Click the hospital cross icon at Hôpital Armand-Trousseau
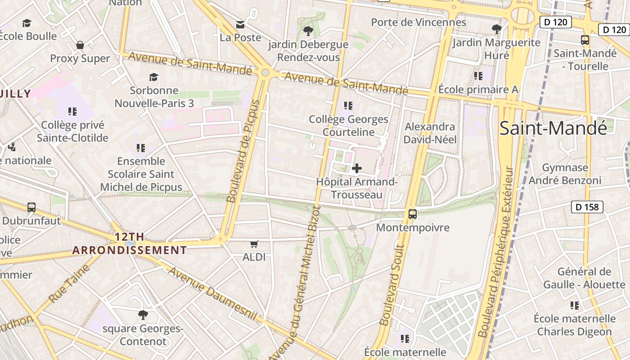click(357, 168)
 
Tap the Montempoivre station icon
click(413, 214)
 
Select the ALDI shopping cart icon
click(254, 244)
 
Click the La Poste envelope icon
click(241, 24)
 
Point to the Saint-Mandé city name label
click(553, 128)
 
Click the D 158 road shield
click(587, 207)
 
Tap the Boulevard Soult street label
click(391, 285)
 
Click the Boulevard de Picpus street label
click(243, 151)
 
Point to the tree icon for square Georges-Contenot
click(143, 315)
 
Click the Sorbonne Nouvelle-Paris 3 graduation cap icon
click(154, 77)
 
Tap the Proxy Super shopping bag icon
click(80, 45)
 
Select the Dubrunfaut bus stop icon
click(31, 207)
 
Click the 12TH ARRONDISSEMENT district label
click(130, 243)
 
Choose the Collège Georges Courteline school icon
click(348, 106)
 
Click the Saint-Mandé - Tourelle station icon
click(585, 40)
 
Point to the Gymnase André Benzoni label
click(565, 174)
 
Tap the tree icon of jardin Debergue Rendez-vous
click(308, 31)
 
